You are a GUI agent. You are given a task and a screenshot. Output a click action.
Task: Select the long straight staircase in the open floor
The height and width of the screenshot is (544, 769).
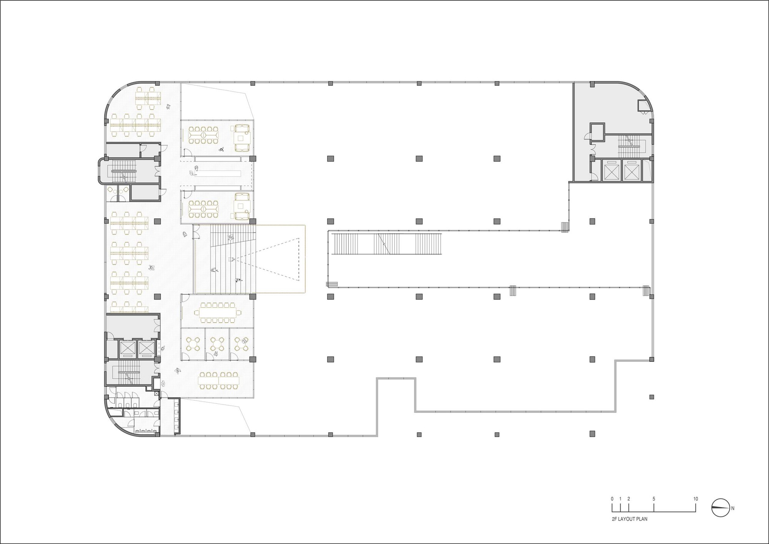pos(388,243)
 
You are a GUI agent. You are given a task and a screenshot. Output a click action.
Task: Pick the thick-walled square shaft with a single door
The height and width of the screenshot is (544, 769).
pos(598,132)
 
